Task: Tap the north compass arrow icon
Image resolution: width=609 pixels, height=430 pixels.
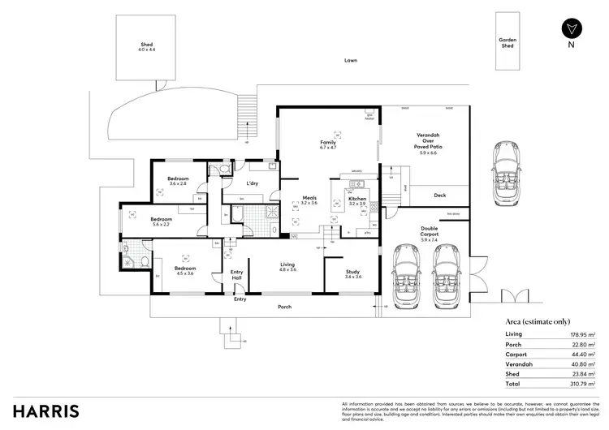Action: pos(572,27)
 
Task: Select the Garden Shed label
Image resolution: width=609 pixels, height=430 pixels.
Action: pos(508,43)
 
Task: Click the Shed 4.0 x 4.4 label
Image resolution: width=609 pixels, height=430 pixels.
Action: pos(146,47)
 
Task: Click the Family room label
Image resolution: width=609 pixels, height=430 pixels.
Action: pos(327,144)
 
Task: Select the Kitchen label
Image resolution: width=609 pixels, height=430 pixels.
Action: pos(357,200)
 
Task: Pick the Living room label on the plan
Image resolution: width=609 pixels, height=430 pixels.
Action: pos(287,266)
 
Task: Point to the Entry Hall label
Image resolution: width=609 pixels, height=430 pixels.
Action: pos(237,275)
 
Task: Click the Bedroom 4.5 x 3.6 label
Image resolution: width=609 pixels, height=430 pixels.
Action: pos(184,271)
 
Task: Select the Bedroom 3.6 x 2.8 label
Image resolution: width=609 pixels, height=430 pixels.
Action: pos(178,181)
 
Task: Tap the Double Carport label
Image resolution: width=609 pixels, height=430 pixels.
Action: pos(429,234)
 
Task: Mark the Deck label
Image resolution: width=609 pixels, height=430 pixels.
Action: pos(439,196)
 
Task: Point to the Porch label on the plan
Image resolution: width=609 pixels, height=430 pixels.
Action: pos(284,307)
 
